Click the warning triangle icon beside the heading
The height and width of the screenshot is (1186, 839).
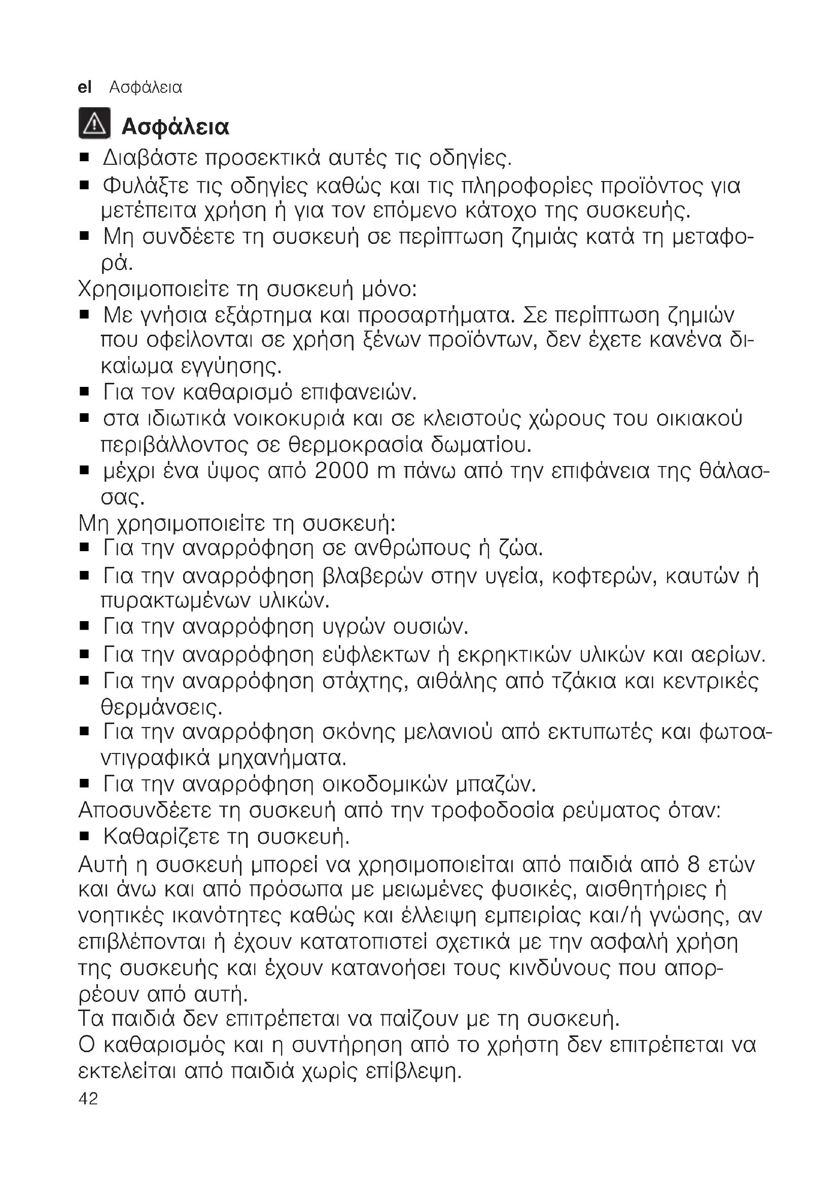[x=94, y=123]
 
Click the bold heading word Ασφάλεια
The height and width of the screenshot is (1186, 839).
[x=175, y=127]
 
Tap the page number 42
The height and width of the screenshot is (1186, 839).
[x=88, y=1099]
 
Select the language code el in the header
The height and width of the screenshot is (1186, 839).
[x=84, y=88]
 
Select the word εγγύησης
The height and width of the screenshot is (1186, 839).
[x=231, y=367]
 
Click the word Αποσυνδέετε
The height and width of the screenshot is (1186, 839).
[x=145, y=810]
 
